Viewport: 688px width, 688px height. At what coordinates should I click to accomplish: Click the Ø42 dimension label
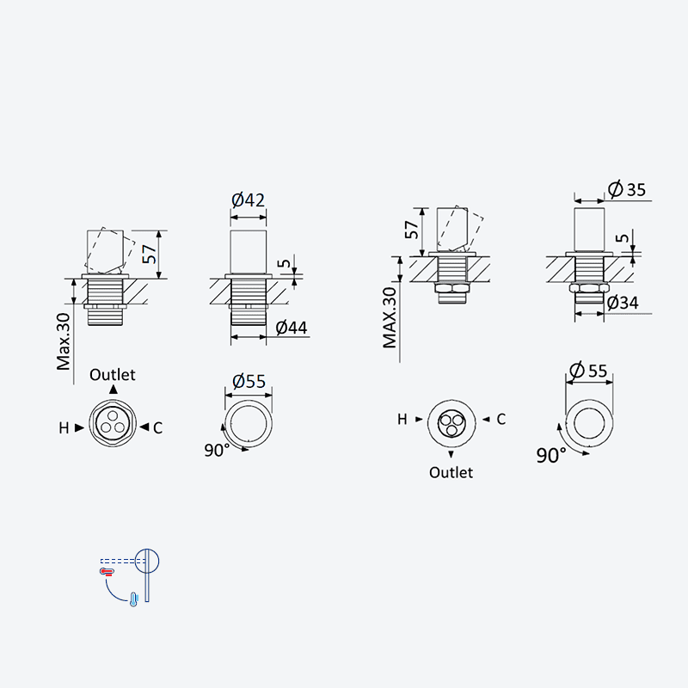[x=249, y=200]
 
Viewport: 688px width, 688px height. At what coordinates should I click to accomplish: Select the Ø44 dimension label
[x=292, y=328]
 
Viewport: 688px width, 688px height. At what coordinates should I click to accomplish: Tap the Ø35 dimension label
[x=627, y=189]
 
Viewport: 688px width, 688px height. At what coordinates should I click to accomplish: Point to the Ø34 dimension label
[x=623, y=303]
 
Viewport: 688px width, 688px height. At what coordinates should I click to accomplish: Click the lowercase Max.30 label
[x=63, y=341]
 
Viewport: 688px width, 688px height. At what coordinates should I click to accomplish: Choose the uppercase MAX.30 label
[x=390, y=317]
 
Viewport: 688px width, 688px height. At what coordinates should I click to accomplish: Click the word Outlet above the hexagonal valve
[x=113, y=375]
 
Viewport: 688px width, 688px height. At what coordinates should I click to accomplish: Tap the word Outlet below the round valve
[x=451, y=472]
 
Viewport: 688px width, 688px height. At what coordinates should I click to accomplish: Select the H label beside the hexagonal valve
[x=64, y=427]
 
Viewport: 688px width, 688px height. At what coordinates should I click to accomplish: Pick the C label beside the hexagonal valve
[x=158, y=427]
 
